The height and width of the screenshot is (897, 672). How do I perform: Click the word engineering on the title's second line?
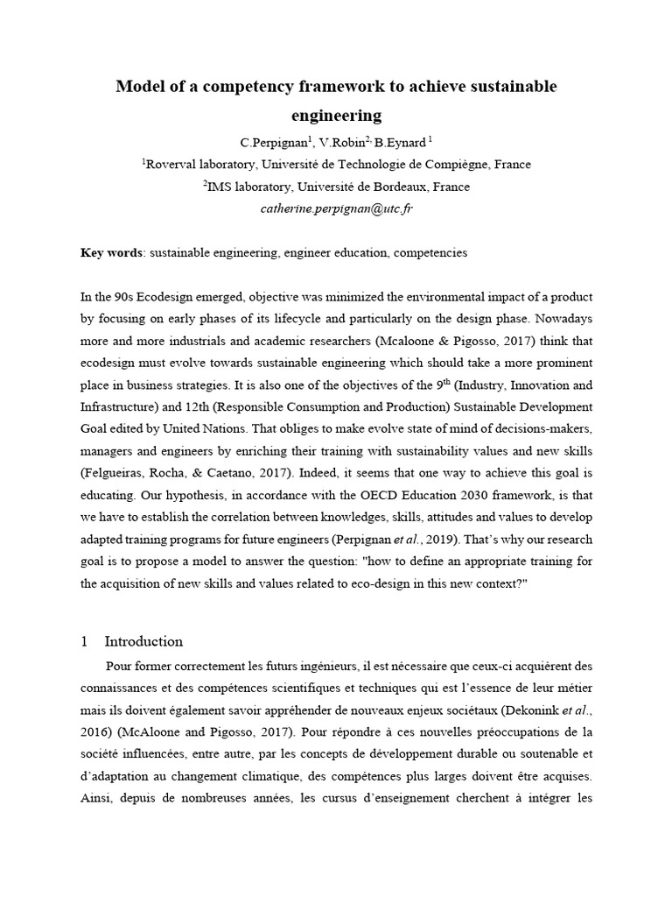pos(336,115)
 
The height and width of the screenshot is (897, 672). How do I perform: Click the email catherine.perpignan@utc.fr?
pos(335,209)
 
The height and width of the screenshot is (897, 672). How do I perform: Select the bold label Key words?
pos(111,252)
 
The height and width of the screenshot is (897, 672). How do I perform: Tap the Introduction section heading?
pos(143,641)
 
